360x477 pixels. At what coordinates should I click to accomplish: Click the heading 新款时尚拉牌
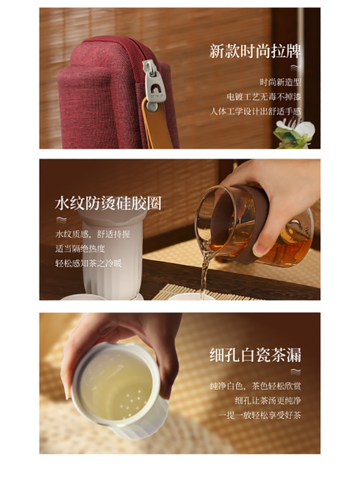[x=255, y=51]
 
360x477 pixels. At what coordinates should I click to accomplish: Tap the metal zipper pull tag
[x=154, y=81]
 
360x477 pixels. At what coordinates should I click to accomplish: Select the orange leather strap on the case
[x=157, y=125]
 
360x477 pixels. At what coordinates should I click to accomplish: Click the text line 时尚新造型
[x=280, y=82]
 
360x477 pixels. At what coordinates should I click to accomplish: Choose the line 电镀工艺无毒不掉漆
[x=264, y=97]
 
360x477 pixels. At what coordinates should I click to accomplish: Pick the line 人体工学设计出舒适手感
[x=255, y=111]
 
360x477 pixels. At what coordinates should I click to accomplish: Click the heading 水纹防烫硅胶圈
[x=108, y=203]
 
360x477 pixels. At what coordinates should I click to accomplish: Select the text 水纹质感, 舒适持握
[x=92, y=234]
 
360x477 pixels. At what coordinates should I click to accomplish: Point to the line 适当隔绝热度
[x=80, y=249]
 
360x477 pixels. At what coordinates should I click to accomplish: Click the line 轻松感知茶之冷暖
[x=88, y=263]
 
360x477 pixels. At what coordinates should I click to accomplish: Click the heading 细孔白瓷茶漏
[x=255, y=355]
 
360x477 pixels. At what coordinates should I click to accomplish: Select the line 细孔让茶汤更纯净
[x=268, y=401]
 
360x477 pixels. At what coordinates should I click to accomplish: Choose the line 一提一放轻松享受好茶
[x=260, y=415]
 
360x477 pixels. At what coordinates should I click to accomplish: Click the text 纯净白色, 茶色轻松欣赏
[x=255, y=386]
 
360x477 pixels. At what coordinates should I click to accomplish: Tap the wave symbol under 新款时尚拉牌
[x=295, y=68]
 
